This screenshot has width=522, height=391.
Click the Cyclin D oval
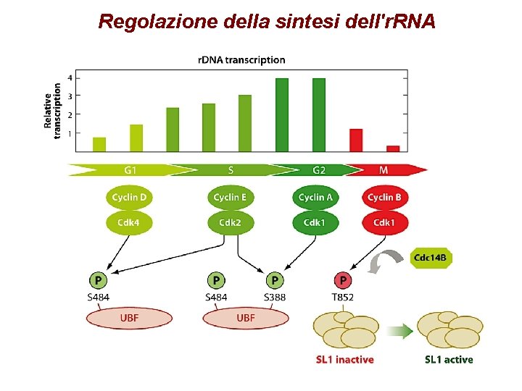tap(130, 197)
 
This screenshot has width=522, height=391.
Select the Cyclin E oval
tap(230, 197)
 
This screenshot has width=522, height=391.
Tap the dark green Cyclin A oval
tap(315, 197)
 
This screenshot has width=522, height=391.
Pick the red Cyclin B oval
tap(384, 197)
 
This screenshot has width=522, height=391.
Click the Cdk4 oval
tap(130, 222)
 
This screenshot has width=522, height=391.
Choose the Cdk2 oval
tap(230, 222)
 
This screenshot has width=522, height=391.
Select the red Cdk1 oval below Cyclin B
tap(384, 222)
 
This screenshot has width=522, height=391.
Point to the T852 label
tap(342, 297)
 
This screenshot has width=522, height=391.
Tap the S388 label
tap(275, 297)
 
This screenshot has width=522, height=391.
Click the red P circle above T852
tap(342, 279)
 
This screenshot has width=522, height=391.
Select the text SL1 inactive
tap(344, 359)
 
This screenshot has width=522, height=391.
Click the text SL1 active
tap(448, 359)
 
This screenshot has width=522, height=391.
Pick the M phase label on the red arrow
tap(384, 170)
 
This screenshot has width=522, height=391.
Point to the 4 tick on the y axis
tap(70, 77)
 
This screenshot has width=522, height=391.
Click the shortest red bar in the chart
tap(393, 148)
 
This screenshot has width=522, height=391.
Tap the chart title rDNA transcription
tap(241, 60)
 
